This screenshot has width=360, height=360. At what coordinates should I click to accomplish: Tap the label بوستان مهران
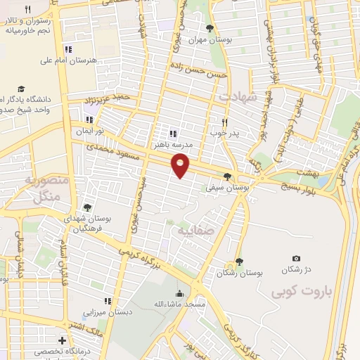210,39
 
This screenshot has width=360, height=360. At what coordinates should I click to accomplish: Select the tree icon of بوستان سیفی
226,176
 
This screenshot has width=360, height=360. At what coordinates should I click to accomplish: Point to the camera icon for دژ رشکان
296,259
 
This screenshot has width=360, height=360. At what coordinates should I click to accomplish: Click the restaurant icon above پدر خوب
226,120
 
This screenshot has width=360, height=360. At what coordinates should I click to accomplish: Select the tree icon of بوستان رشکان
240,261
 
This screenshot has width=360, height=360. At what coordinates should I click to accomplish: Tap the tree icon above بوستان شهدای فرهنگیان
87,207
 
